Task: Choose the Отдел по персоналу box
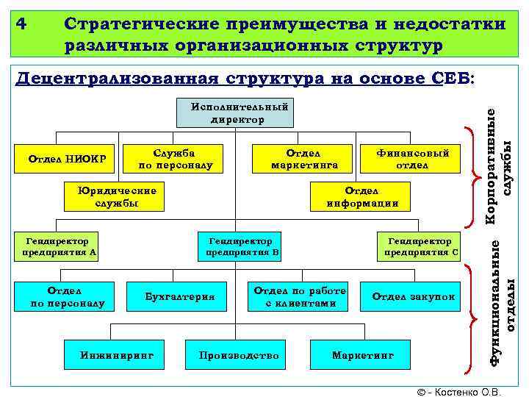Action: pos(68,296)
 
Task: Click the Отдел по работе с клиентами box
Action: pos(299,296)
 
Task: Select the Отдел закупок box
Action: pos(413,296)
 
